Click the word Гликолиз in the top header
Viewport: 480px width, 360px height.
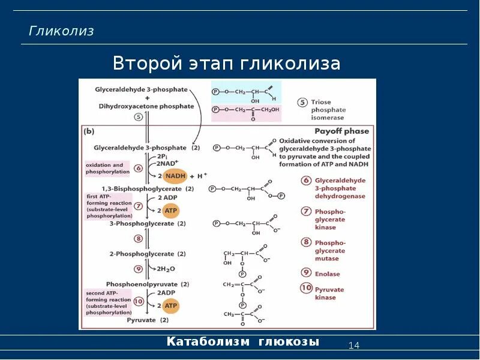62,31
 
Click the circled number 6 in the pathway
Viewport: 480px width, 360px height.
139,169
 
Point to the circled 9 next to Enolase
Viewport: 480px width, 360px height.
305,273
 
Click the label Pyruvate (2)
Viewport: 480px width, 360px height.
148,320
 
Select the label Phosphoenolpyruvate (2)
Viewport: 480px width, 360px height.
148,284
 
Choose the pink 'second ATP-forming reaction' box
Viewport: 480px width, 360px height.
107,302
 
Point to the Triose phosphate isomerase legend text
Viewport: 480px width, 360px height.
328,110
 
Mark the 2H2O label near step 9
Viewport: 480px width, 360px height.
166,269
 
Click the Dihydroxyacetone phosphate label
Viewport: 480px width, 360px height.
146,106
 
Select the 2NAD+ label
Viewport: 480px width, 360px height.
169,163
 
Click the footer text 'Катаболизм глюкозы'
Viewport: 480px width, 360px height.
243,342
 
